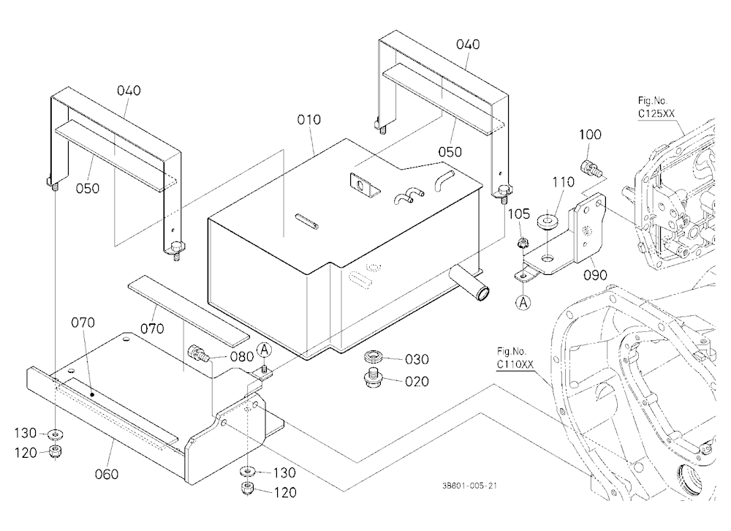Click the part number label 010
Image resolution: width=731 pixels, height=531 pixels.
(x=308, y=120)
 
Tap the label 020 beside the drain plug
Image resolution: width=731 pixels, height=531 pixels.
(x=417, y=382)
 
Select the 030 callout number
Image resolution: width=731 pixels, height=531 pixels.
(x=417, y=359)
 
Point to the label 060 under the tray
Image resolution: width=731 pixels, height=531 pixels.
(x=106, y=474)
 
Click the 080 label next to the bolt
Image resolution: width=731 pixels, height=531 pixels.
(x=241, y=356)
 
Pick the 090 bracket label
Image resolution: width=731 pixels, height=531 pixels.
(x=595, y=275)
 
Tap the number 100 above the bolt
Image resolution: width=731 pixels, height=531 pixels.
(x=590, y=135)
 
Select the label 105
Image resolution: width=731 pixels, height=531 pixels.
(x=518, y=214)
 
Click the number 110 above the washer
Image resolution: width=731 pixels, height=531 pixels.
(x=563, y=182)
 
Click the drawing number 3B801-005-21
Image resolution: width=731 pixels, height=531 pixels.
(x=469, y=486)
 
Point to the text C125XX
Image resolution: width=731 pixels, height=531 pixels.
(x=656, y=113)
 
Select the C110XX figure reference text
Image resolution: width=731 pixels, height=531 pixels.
(x=515, y=364)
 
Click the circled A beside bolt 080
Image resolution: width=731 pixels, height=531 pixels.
(x=265, y=350)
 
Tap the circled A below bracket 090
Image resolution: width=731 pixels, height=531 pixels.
(x=523, y=303)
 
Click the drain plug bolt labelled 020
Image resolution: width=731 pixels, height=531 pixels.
(x=374, y=378)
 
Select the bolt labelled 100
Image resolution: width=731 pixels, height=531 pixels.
(x=589, y=168)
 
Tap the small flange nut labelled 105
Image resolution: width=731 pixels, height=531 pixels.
(x=522, y=243)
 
